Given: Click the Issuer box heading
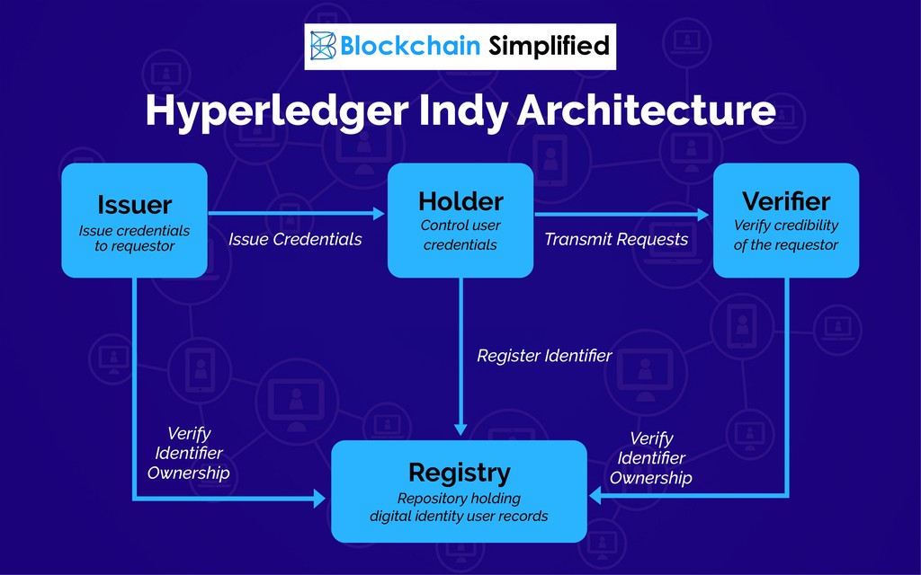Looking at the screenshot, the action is [135, 205].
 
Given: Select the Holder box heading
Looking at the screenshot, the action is [460, 202].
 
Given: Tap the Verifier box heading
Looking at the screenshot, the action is [786, 201].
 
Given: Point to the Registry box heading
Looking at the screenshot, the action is [460, 473].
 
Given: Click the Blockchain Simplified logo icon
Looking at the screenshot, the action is [323, 46].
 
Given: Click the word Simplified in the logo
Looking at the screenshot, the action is [549, 46].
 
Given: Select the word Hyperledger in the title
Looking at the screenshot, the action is [277, 111].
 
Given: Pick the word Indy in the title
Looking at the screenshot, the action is [462, 111].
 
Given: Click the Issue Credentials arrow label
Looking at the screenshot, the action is [295, 239].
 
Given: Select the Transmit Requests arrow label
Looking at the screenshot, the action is [616, 239].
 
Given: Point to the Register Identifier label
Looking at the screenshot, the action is [544, 356].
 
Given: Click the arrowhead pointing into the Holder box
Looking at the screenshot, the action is [380, 214].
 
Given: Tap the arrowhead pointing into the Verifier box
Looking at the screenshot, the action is [703, 215].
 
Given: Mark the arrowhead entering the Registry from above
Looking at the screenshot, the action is [461, 429].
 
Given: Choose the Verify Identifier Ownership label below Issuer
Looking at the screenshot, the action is [189, 453].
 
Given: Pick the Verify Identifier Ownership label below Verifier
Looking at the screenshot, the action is [651, 457].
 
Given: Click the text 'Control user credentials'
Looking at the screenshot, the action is [460, 234].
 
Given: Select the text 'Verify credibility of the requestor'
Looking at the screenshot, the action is [786, 234].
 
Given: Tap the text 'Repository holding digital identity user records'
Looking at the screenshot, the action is [459, 508].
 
